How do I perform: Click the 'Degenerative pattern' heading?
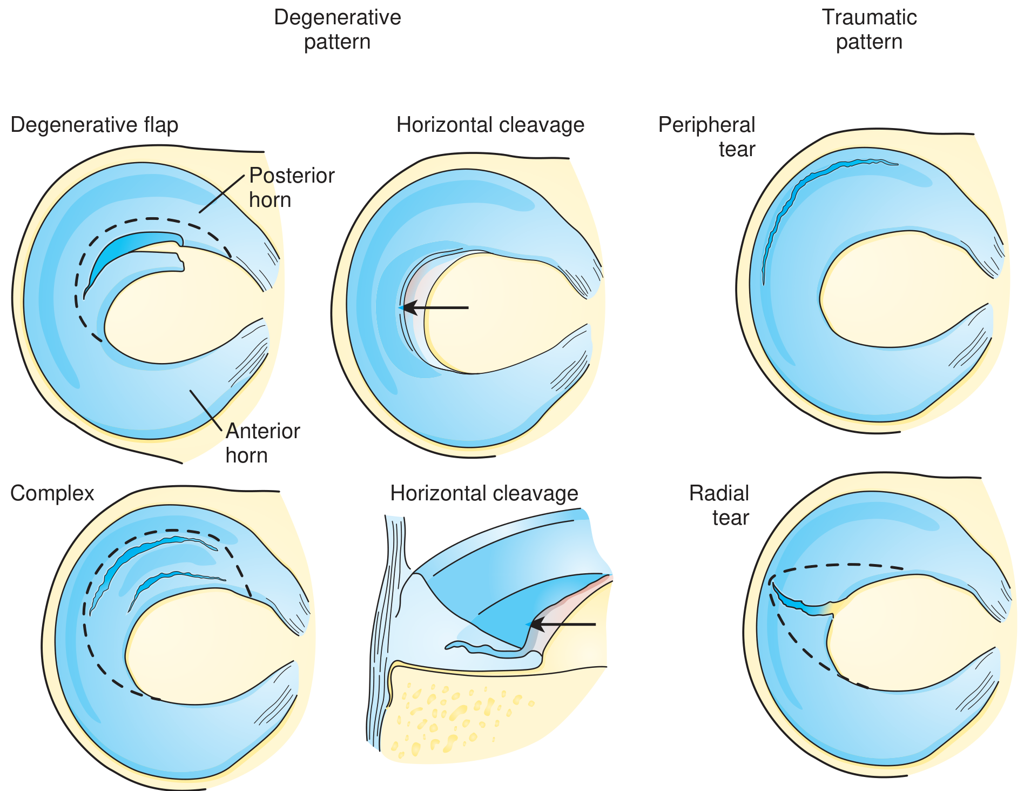coord(337,29)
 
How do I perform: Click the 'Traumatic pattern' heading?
coord(869,29)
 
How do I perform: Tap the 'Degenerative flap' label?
coord(95,125)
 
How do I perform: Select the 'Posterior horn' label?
coord(292,187)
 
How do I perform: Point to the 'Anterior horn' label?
coord(262,443)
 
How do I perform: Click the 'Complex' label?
coord(52,493)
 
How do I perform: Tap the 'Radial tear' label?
coord(719,505)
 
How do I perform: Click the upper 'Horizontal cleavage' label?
coord(490,125)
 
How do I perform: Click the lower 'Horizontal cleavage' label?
coord(484,493)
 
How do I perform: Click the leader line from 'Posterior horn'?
coord(221,194)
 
